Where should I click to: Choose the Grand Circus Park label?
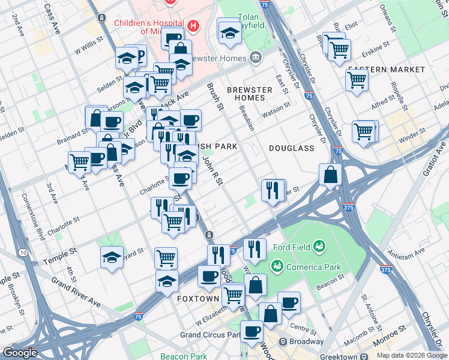point(206,334)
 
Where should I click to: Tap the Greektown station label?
point(339,356)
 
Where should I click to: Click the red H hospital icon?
point(193,26)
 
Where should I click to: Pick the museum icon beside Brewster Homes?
point(256,58)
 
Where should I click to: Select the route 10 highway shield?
point(23,252)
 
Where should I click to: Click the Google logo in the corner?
point(20,353)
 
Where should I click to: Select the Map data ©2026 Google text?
point(412,355)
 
